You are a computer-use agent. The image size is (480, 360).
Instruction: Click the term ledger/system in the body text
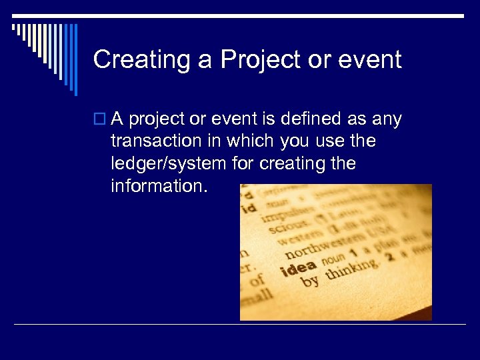click(169, 163)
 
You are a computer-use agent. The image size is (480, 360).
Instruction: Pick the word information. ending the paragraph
click(160, 185)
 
